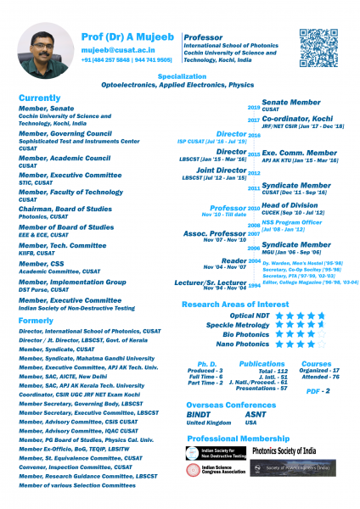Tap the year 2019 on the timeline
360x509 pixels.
[253, 109]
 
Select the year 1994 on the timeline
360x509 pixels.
[253, 286]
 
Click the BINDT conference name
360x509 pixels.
[198, 414]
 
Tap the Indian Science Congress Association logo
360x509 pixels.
[212, 469]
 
